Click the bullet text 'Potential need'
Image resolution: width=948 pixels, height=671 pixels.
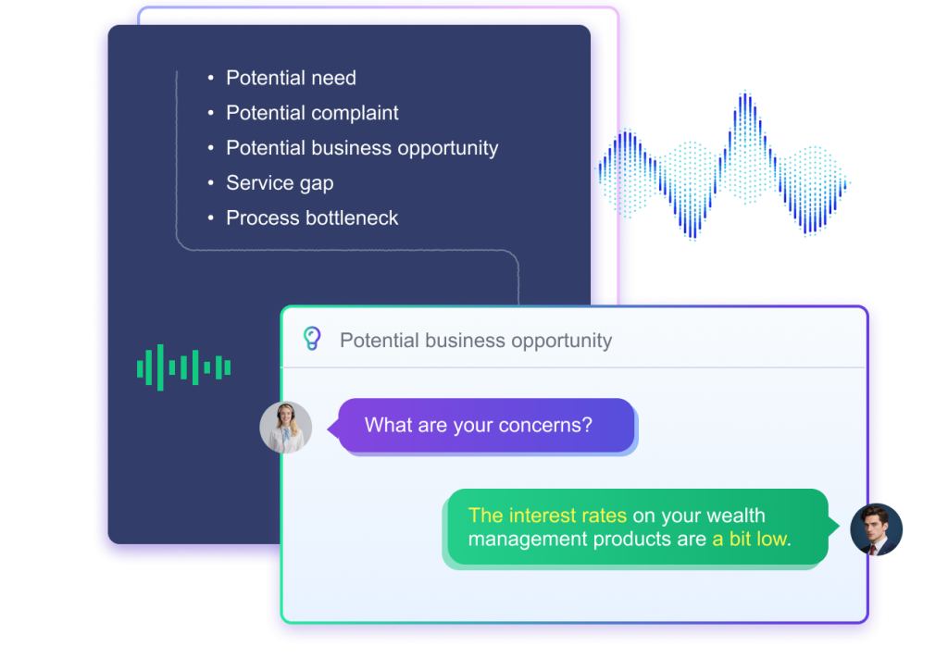291,79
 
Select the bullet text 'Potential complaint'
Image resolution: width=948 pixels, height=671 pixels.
312,114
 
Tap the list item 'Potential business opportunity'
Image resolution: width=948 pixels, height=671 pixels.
362,148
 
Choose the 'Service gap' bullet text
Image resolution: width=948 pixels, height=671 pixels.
280,183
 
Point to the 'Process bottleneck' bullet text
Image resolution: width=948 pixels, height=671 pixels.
312,218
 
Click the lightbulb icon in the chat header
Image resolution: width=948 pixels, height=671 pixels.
313,340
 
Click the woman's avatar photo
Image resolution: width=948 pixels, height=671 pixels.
286,428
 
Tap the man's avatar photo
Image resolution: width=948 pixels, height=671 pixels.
876,529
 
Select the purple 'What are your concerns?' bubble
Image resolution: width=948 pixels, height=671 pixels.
486,426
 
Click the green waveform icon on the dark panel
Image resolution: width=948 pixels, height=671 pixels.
183,367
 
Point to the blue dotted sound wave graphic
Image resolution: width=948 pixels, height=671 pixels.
724,166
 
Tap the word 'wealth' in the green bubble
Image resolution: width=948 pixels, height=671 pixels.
735,516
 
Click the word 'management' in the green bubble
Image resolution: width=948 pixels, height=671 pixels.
526,539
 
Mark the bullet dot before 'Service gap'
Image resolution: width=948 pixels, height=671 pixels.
211,183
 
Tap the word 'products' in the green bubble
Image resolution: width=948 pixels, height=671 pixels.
634,539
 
